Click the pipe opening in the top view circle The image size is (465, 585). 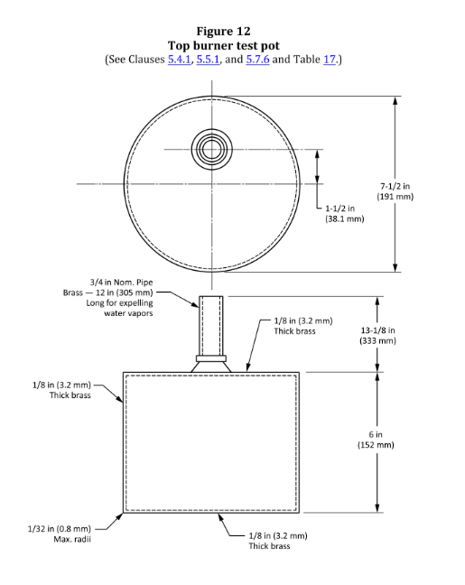213,148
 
